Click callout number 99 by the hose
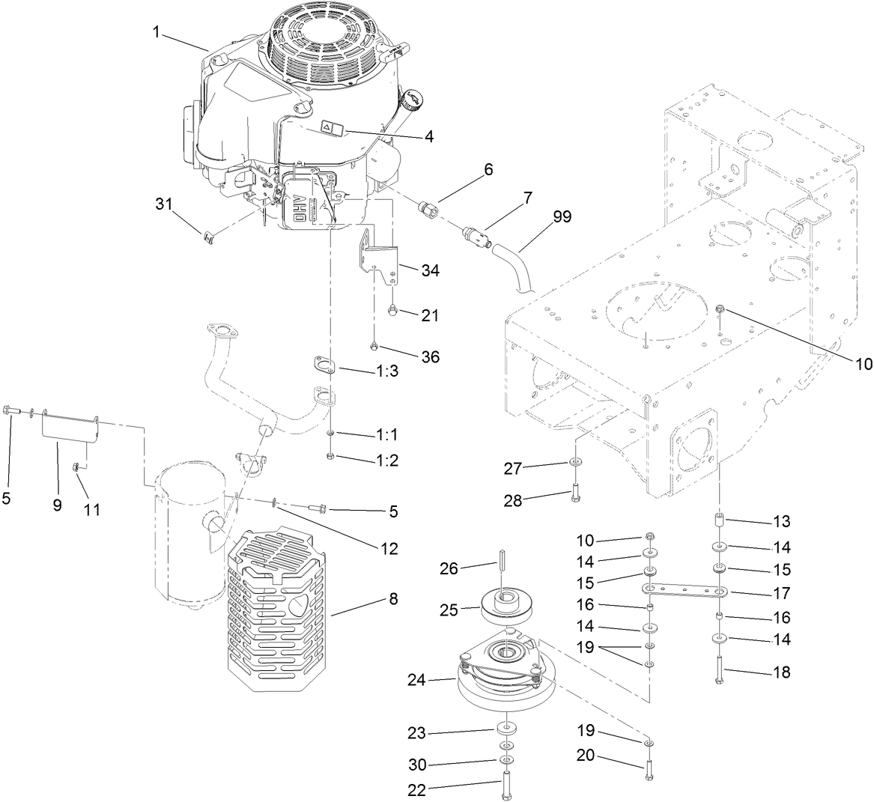tap(562, 217)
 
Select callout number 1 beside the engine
tap(157, 32)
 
